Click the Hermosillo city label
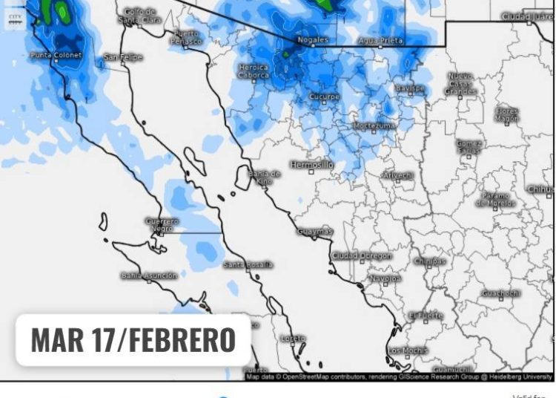[x=311, y=164]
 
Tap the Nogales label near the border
[x=312, y=39]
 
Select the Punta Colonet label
[x=56, y=55]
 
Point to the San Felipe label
[x=123, y=57]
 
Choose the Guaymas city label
[x=315, y=231]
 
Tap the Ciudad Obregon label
[x=362, y=255]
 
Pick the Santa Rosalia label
[x=248, y=264]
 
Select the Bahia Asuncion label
[x=150, y=275]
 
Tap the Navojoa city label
[x=385, y=278]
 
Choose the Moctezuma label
[x=374, y=125]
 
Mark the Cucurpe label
[x=324, y=97]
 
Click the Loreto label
[x=293, y=339]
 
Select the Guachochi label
[x=500, y=293]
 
